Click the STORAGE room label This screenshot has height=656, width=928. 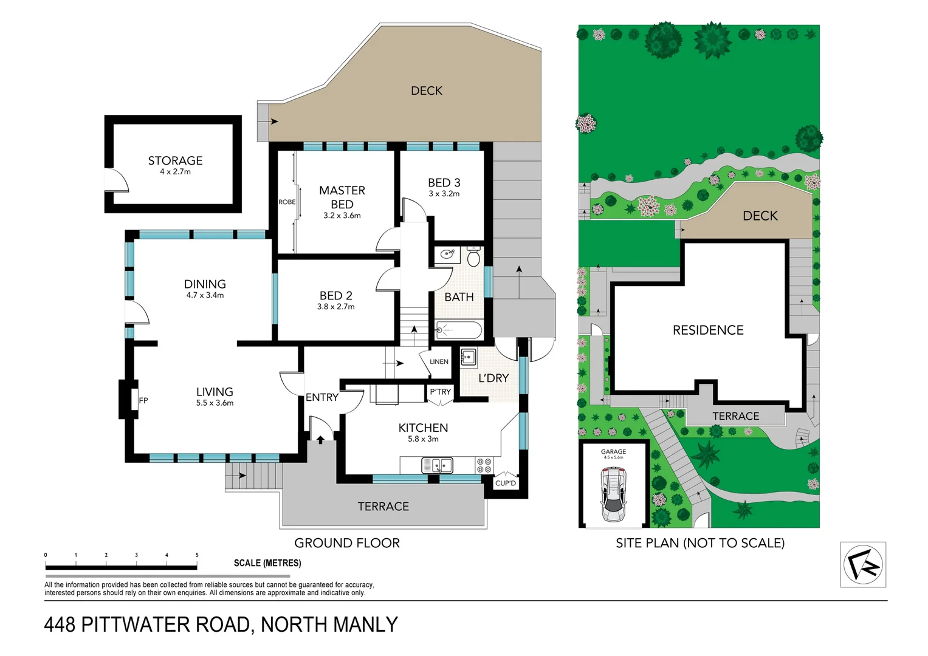point(175,160)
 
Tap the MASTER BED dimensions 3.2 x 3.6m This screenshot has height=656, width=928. point(342,216)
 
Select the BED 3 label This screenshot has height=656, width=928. point(444,182)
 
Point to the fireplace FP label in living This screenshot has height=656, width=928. point(143,400)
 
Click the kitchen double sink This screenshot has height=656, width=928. point(437,465)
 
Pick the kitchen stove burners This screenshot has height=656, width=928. point(484,465)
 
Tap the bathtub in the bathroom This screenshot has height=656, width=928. point(459,331)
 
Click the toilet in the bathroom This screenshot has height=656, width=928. point(474,258)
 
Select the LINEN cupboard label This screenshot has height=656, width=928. point(439,361)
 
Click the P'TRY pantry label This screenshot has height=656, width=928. point(440,392)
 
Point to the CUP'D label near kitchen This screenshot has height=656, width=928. point(505,483)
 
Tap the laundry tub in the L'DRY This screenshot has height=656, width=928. point(468,356)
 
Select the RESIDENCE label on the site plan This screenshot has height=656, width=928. point(708,330)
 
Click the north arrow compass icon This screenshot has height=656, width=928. point(862,564)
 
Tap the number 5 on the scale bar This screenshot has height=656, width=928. point(197,555)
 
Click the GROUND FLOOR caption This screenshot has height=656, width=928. point(347,543)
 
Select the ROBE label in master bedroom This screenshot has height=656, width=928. point(287,202)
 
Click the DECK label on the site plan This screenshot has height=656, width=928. point(760,216)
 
